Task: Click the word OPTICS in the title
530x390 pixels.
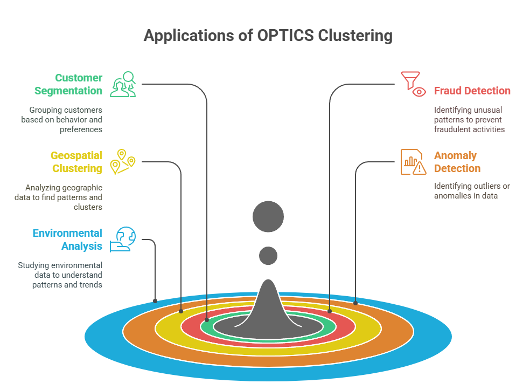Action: pyautogui.click(x=285, y=35)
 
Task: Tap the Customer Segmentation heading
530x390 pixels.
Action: pyautogui.click(x=68, y=84)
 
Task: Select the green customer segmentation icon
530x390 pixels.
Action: pyautogui.click(x=123, y=84)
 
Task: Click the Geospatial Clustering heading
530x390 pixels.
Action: pyautogui.click(x=76, y=162)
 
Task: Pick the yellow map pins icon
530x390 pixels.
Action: pyautogui.click(x=123, y=162)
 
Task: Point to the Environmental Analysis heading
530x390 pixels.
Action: pyautogui.click(x=68, y=240)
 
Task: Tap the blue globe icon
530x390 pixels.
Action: pyautogui.click(x=123, y=240)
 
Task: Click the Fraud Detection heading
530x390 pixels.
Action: pyautogui.click(x=472, y=91)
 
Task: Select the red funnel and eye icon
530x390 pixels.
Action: pyautogui.click(x=413, y=84)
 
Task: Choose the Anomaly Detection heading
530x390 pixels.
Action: pyautogui.click(x=457, y=162)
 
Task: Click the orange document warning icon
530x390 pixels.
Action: pyautogui.click(x=413, y=162)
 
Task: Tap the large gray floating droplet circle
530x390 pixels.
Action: pyautogui.click(x=268, y=217)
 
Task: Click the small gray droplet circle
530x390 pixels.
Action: pyautogui.click(x=268, y=256)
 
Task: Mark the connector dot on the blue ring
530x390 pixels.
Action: pyautogui.click(x=155, y=301)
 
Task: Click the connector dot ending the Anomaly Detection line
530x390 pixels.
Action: pyautogui.click(x=355, y=303)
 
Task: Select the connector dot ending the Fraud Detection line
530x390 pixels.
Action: pyautogui.click(x=330, y=311)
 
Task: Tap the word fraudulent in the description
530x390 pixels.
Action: pyautogui.click(x=451, y=129)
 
